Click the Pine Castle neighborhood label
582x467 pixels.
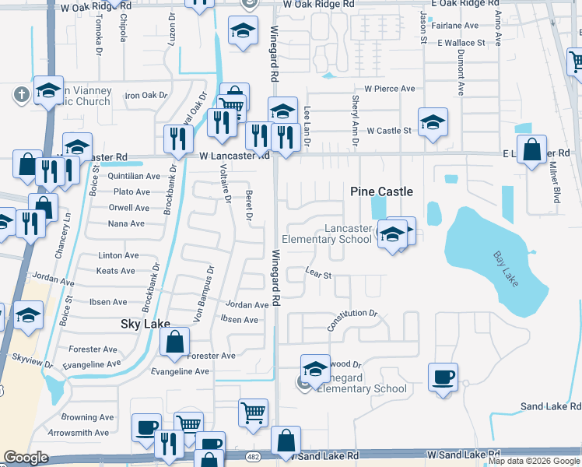tap(381, 191)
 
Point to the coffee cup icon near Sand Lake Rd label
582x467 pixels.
tap(443, 377)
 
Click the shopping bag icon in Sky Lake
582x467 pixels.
tap(175, 341)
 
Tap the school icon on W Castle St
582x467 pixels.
tap(433, 122)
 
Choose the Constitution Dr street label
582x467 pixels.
tap(352, 319)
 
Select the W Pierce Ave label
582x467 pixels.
tap(384, 89)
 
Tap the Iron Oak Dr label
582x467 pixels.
tap(146, 96)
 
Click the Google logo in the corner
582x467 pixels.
tap(26, 458)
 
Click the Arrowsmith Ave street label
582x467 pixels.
tap(79, 433)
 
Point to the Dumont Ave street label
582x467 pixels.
tap(461, 75)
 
